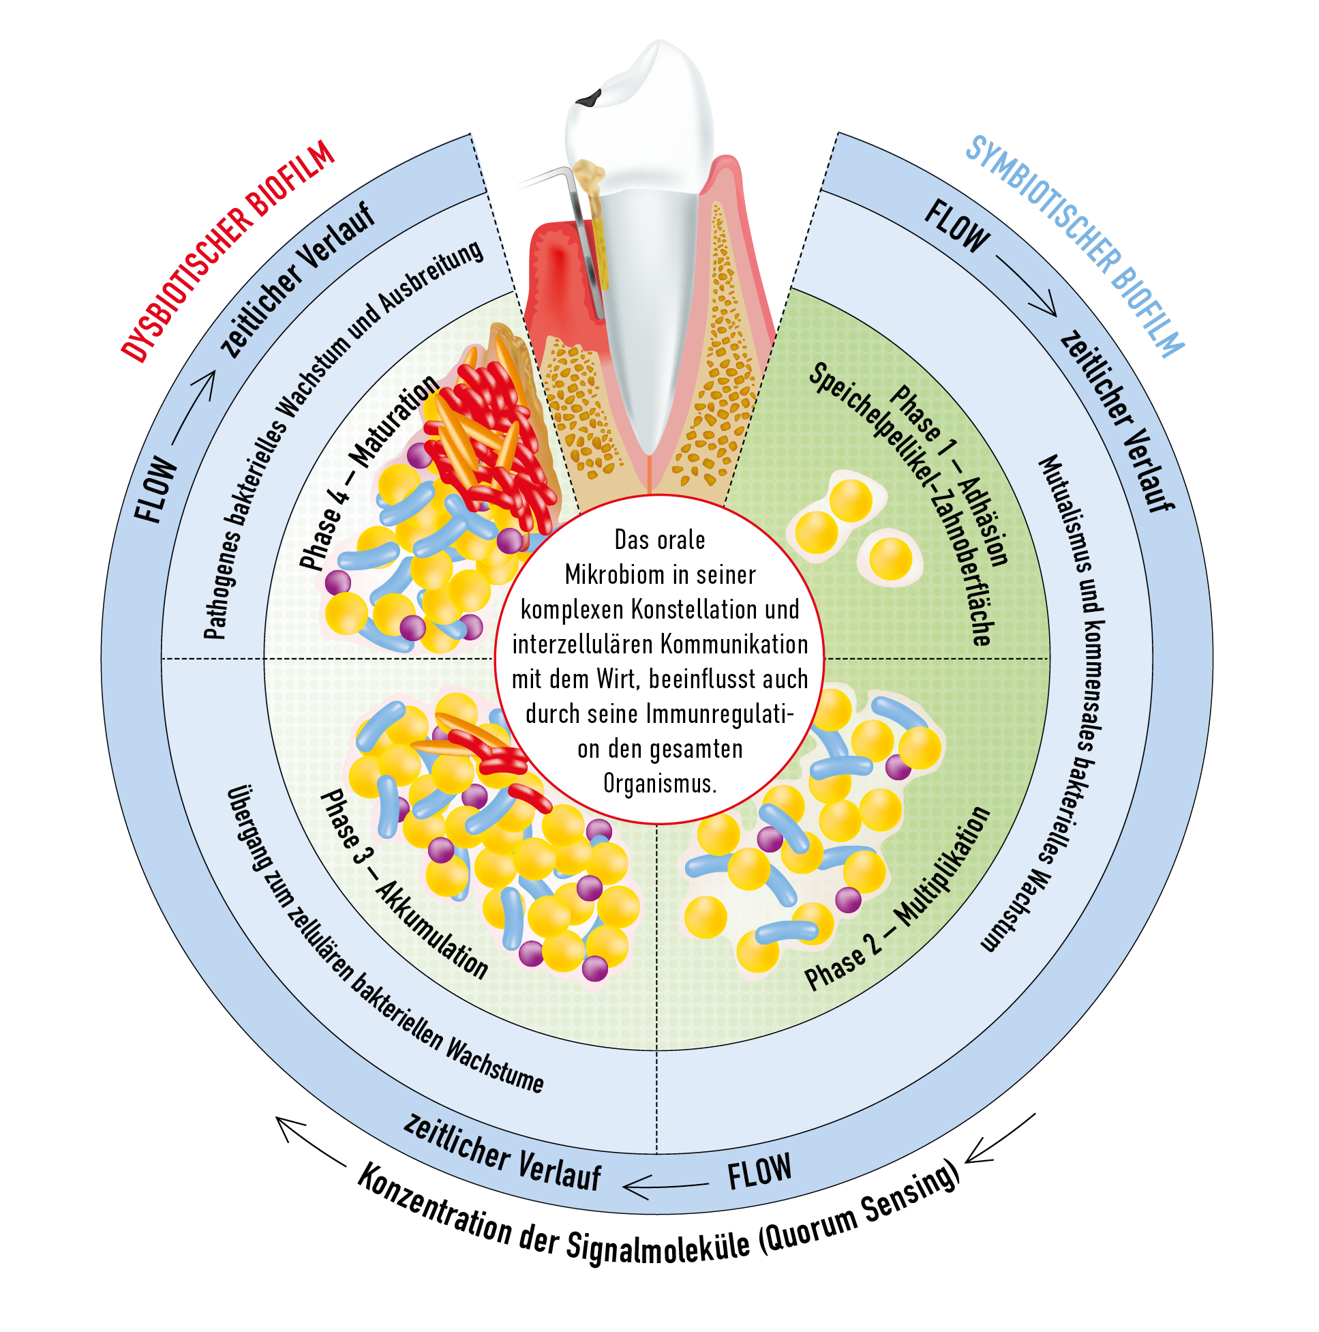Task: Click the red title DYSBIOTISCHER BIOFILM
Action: pos(228,252)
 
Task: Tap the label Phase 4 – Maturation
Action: pos(369,472)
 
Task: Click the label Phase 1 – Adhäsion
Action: pos(951,476)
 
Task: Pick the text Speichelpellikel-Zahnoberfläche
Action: pos(903,503)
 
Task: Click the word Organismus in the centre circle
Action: pos(660,784)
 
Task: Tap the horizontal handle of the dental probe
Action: pos(541,181)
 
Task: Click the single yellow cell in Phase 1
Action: pos(891,559)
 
